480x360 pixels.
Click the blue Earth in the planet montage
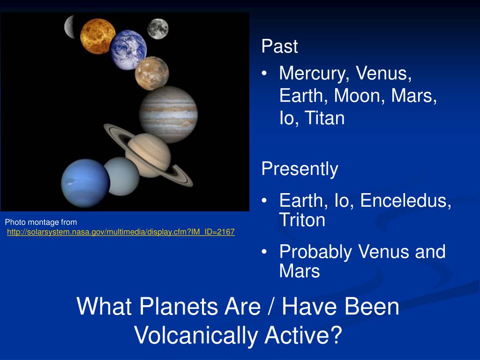[x=128, y=50]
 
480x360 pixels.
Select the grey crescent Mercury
[x=69, y=27]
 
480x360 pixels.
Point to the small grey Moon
[x=157, y=29]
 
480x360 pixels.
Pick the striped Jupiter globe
[x=168, y=114]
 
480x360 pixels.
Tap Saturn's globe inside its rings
[x=149, y=155]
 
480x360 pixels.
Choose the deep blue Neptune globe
[x=85, y=183]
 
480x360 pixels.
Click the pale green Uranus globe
[x=122, y=176]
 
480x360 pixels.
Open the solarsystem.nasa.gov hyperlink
[x=121, y=232]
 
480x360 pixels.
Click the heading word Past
[x=279, y=46]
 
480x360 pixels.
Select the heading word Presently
[x=300, y=169]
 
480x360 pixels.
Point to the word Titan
[x=325, y=118]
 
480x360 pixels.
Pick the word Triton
[x=302, y=220]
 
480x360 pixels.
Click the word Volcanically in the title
[x=195, y=336]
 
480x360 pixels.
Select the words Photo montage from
[x=41, y=222]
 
